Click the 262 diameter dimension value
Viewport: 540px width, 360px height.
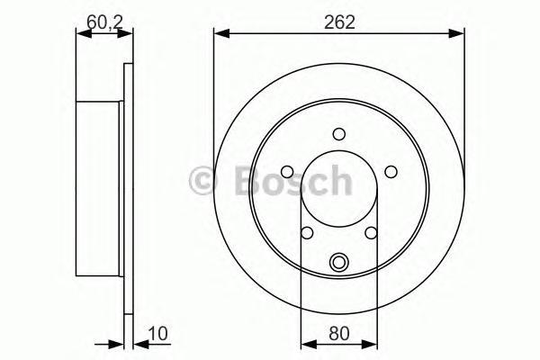click(339, 22)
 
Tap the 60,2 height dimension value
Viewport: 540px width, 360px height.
click(104, 22)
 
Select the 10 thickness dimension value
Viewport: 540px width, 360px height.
click(157, 334)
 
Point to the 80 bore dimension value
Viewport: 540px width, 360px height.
click(339, 334)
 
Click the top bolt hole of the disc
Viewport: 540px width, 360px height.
click(339, 134)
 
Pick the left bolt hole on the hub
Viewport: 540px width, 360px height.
click(287, 172)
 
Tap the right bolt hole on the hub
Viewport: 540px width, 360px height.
click(391, 172)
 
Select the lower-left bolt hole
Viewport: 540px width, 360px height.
click(307, 233)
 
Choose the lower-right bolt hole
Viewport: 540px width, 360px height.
click(371, 233)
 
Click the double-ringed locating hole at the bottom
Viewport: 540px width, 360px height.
click(339, 263)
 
